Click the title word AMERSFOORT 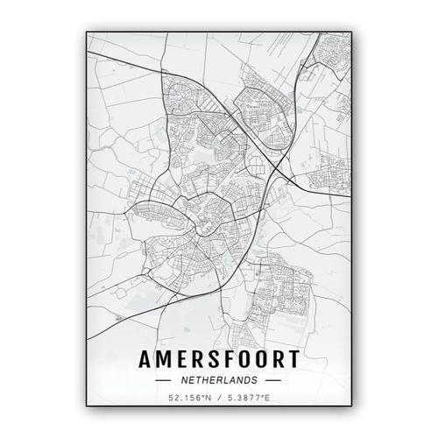pyautogui.click(x=217, y=361)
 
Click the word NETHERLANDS pyautogui.click(x=218, y=381)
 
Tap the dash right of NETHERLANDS pyautogui.click(x=272, y=381)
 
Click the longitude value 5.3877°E pyautogui.click(x=248, y=401)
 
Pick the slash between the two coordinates pyautogui.click(x=217, y=401)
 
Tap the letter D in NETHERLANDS pyautogui.click(x=245, y=381)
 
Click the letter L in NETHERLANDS pyautogui.click(x=227, y=381)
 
